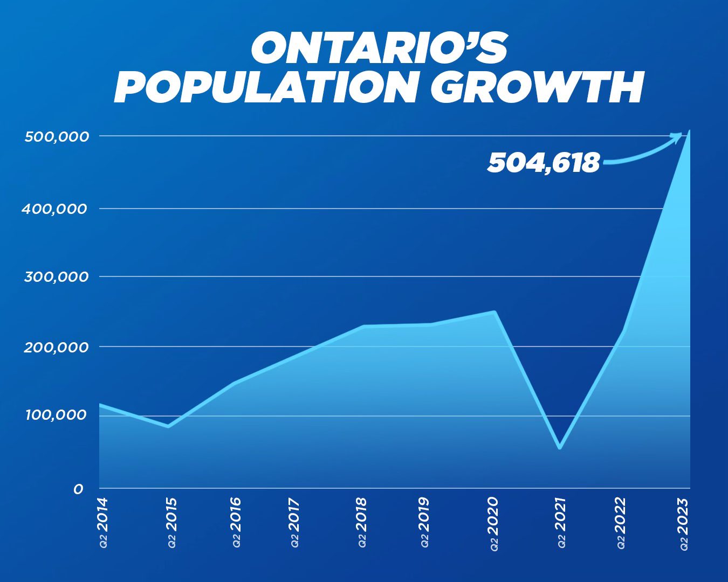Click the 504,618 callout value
tap(543, 162)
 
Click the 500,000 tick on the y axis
tap(57, 136)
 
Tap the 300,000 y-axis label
tap(56, 277)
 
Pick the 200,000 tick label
tap(56, 347)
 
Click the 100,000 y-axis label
tap(56, 415)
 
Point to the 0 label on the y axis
tap(79, 489)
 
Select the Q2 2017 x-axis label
tap(294, 522)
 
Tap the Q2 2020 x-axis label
tap(492, 523)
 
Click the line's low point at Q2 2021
tap(560, 447)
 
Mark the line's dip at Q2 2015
tap(168, 426)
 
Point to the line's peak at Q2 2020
tap(494, 311)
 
